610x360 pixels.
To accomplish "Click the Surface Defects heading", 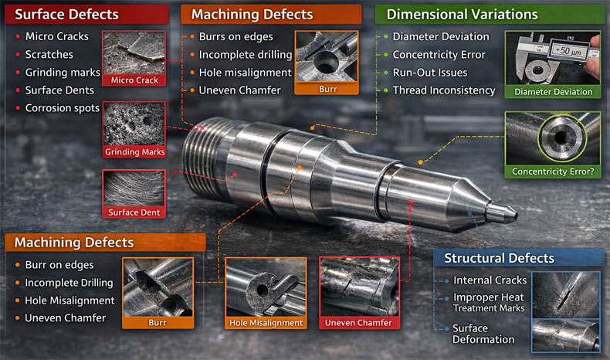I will [x=67, y=15].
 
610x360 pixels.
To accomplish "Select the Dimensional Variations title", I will [x=462, y=15].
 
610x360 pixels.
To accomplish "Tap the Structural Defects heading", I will [x=499, y=258].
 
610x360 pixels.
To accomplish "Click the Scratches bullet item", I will [x=49, y=55].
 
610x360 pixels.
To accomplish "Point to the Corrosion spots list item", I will [x=63, y=108].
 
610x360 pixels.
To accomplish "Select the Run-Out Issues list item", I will [x=430, y=73].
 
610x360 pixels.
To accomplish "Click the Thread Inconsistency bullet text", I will [x=444, y=90].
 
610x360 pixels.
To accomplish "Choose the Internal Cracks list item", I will [x=490, y=280].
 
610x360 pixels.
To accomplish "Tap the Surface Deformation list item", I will [x=483, y=334].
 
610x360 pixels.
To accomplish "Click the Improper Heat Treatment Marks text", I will [x=488, y=303].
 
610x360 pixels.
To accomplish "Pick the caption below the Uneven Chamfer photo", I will [x=358, y=322].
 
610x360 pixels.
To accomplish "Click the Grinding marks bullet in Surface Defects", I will [x=63, y=73].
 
